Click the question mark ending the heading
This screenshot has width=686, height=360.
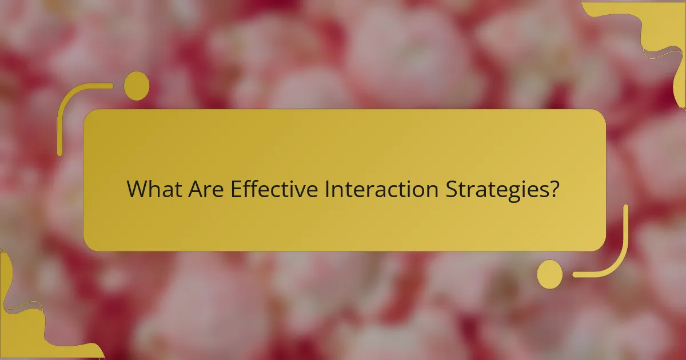(552, 190)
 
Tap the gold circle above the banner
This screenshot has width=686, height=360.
(136, 86)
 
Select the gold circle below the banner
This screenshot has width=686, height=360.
(549, 274)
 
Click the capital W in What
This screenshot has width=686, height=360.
(137, 190)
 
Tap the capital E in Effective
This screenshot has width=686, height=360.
(236, 190)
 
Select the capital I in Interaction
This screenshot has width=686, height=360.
(326, 190)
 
